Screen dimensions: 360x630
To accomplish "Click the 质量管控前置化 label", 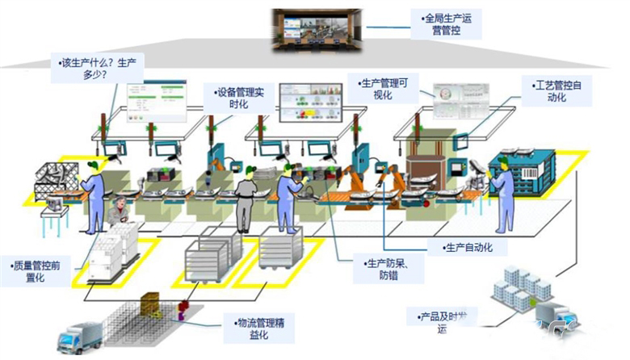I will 41,270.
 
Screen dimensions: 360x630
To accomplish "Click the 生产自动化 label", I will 468,247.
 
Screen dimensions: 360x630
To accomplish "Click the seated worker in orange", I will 119,211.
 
